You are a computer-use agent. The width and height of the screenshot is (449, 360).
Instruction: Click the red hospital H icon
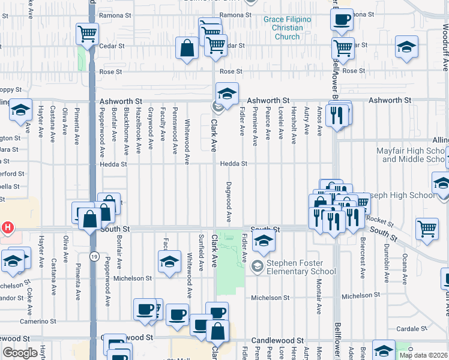(8, 228)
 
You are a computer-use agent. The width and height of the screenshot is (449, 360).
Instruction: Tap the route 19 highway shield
(94, 256)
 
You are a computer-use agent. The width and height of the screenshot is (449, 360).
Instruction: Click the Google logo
(20, 353)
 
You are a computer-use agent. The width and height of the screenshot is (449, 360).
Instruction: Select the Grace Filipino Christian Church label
(288, 28)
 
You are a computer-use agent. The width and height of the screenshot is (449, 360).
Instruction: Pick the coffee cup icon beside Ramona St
(341, 19)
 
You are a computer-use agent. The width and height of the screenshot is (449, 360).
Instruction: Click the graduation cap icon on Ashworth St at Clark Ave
(227, 94)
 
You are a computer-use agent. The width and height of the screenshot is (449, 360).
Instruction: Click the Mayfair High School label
(412, 155)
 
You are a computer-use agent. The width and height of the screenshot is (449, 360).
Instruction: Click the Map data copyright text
(423, 355)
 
